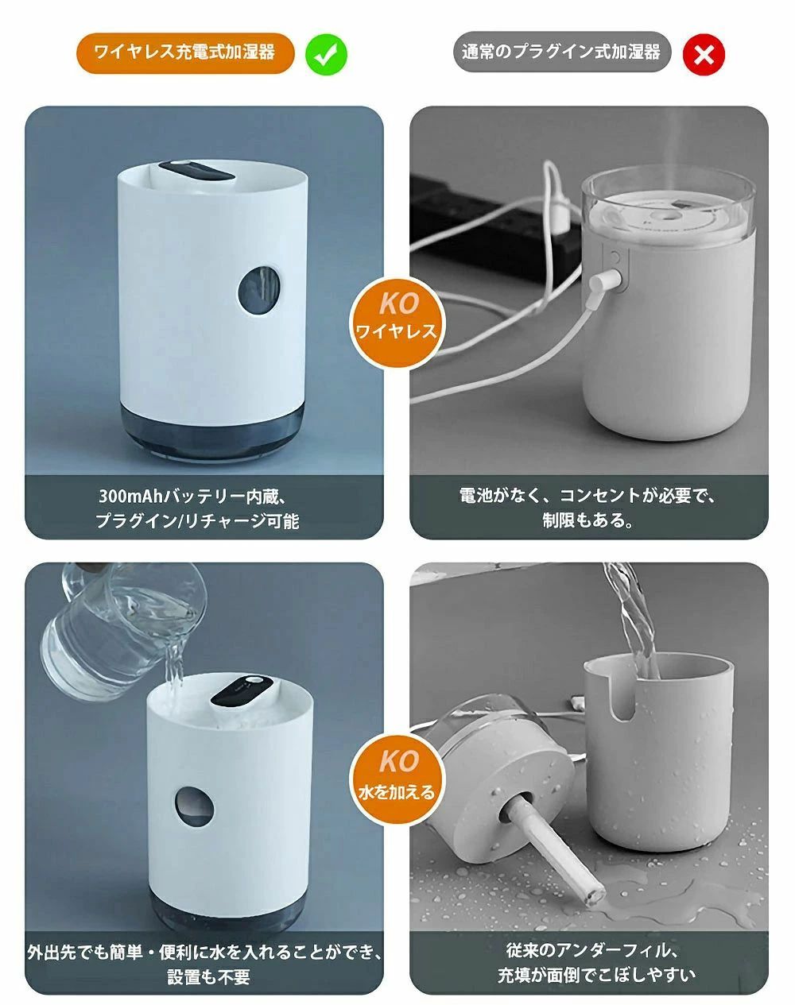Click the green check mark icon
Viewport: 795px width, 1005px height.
(x=326, y=55)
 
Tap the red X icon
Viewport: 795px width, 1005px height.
(x=704, y=55)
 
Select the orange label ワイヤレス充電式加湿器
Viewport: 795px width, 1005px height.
(x=185, y=52)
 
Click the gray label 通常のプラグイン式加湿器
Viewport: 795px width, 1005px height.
(x=562, y=52)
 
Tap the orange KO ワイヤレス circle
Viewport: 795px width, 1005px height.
(x=397, y=323)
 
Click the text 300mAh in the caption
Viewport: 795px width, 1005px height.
(x=131, y=497)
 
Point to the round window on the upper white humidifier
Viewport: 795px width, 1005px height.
(x=260, y=289)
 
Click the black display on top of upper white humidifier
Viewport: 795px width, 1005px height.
(x=196, y=172)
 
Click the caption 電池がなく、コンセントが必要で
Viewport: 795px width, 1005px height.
(x=588, y=496)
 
